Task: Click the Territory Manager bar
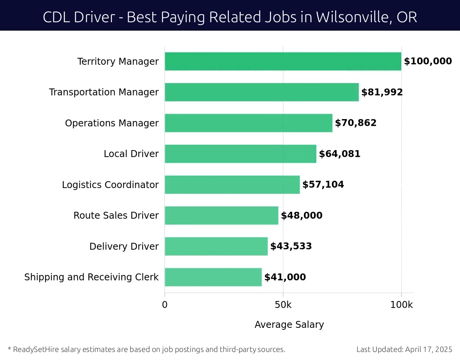coord(283,61)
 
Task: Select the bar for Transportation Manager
coord(262,92)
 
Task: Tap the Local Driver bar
coord(240,154)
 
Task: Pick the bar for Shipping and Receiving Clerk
coord(213,277)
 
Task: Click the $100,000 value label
coord(428,61)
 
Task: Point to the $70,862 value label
coord(356,123)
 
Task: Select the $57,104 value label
coord(323,185)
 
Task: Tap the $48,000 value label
coord(302,216)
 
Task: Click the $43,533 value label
coord(291,246)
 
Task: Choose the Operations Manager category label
coord(112,123)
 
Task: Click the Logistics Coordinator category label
coord(110,185)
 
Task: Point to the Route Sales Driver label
coord(116,216)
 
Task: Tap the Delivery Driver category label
coord(124,247)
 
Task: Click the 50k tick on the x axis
coord(283,305)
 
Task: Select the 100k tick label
coord(401,305)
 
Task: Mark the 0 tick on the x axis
coord(165,305)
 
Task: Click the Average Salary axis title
coord(289,325)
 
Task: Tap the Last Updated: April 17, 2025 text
coord(404,349)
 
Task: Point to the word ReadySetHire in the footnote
coord(35,349)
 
